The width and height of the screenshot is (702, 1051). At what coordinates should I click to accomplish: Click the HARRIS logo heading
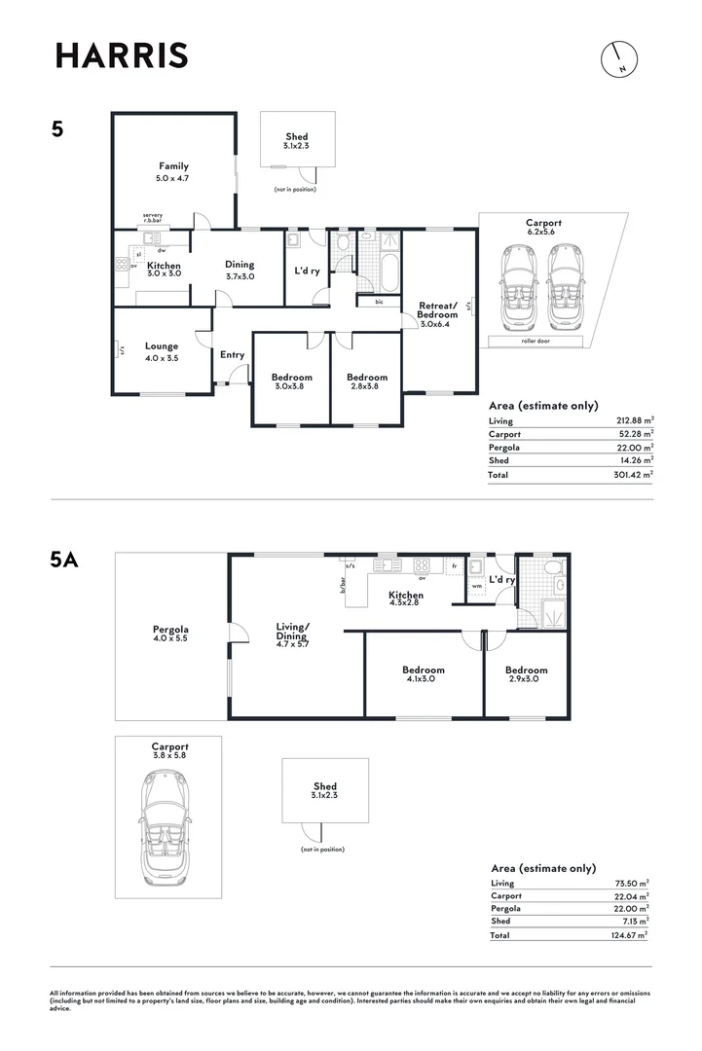[x=122, y=55]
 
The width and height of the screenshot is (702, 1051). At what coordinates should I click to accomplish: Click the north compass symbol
[x=619, y=59]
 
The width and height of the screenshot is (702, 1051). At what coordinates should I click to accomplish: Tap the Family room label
[x=173, y=166]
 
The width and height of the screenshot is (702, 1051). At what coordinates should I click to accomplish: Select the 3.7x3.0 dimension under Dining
[x=240, y=276]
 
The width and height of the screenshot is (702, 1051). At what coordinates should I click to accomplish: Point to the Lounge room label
[x=162, y=345]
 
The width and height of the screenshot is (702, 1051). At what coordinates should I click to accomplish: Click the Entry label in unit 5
[x=232, y=354]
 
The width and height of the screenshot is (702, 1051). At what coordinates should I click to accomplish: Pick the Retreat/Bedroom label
[x=437, y=309]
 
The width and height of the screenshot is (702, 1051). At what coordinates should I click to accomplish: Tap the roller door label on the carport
[x=536, y=342]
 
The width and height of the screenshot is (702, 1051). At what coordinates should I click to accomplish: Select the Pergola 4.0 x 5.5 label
[x=170, y=634]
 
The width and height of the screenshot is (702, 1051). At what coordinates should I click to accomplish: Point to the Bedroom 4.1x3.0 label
[x=424, y=673]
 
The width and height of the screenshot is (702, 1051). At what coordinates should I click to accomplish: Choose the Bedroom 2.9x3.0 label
[x=527, y=673]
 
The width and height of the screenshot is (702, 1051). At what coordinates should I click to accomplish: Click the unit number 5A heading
[x=63, y=559]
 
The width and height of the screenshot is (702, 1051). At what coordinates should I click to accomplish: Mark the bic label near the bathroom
[x=379, y=302]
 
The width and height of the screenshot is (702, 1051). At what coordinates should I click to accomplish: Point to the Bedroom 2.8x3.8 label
[x=367, y=381]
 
